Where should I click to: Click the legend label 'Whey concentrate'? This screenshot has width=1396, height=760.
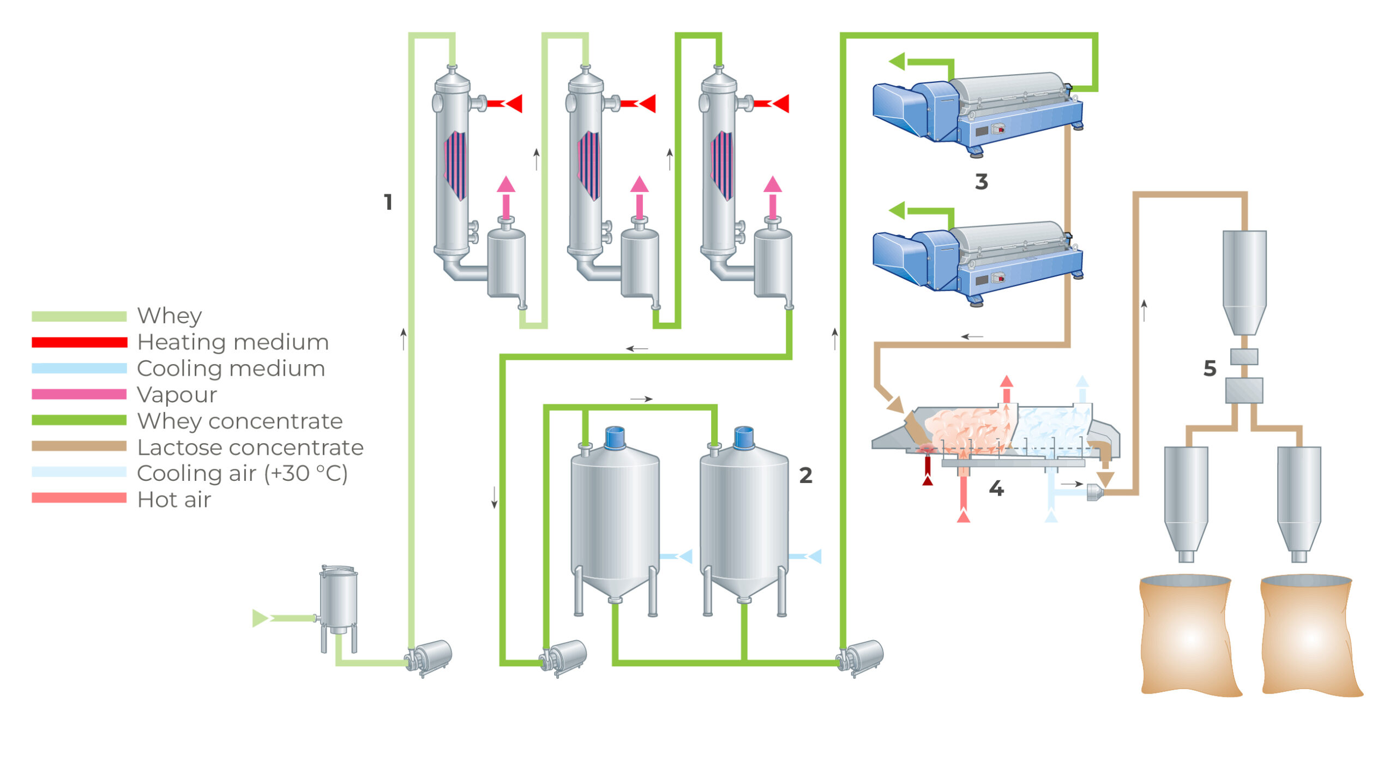(x=240, y=421)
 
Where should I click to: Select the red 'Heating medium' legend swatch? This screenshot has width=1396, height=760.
(x=79, y=342)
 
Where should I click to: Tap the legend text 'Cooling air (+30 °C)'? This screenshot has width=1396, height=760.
(x=242, y=474)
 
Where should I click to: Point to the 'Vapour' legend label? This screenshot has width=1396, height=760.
(x=177, y=395)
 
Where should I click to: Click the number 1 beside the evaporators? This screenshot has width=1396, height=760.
(x=388, y=202)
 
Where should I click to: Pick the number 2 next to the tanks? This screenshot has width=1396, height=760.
(x=805, y=475)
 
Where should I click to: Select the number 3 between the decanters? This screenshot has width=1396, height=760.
(x=981, y=182)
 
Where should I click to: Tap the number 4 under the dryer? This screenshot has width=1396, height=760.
(x=996, y=488)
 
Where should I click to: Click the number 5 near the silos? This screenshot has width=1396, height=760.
(x=1210, y=369)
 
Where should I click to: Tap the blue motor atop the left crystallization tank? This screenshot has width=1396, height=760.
(x=615, y=437)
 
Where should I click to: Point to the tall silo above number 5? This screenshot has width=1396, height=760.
(x=1244, y=281)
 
